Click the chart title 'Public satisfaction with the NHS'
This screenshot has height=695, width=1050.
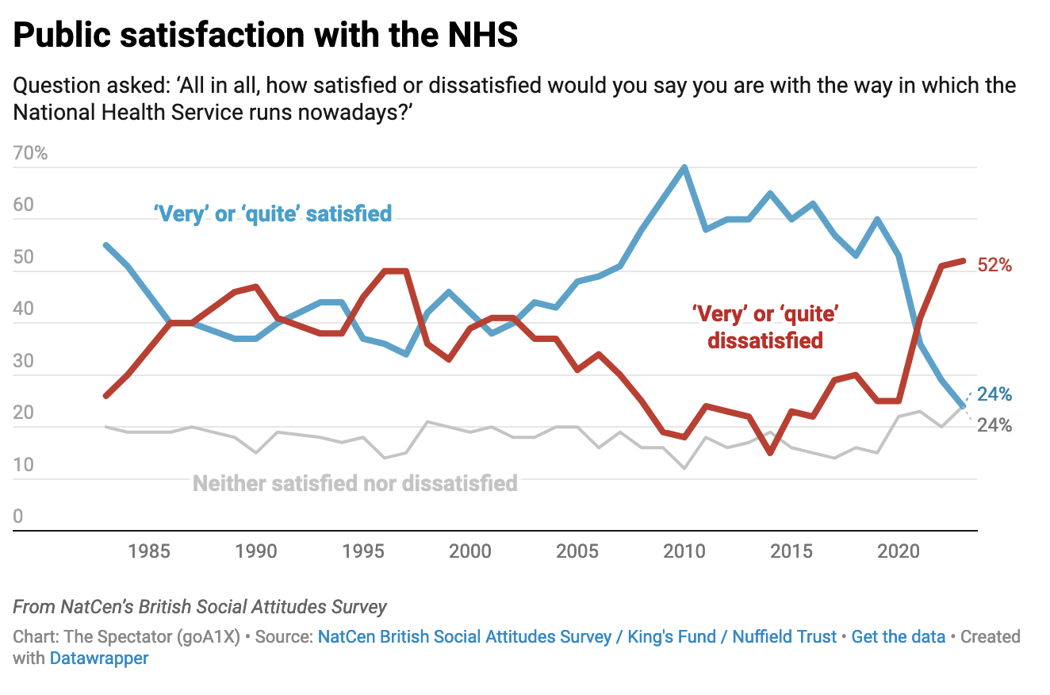click(266, 36)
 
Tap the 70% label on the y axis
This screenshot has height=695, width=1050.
click(31, 153)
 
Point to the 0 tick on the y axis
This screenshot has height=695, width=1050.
click(19, 517)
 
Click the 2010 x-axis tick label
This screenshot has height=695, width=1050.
click(684, 551)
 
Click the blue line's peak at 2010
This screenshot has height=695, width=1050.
click(684, 167)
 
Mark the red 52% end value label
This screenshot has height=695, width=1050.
click(994, 266)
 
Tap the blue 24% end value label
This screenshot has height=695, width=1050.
click(994, 394)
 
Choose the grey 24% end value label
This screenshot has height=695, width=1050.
click(994, 425)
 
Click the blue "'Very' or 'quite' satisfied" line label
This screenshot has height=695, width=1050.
click(273, 213)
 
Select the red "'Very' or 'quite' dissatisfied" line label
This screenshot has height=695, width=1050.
click(765, 328)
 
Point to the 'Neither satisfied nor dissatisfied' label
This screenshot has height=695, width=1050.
click(355, 483)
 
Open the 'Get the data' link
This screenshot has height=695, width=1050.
click(898, 637)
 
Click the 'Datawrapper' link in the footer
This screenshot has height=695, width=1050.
click(99, 658)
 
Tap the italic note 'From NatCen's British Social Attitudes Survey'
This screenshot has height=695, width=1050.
click(200, 607)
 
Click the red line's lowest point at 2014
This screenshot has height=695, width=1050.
click(769, 452)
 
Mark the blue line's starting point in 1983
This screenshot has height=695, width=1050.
click(106, 245)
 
